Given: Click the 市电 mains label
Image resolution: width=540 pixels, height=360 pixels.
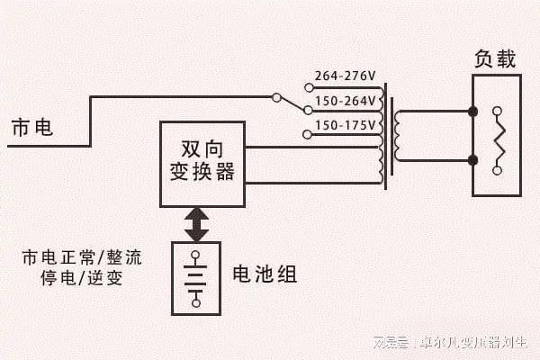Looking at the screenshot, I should pyautogui.click(x=31, y=129).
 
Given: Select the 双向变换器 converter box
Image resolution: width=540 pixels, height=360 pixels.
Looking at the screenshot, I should pyautogui.click(x=202, y=163).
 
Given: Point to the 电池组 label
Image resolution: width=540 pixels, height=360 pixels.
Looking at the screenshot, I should pyautogui.click(x=264, y=274).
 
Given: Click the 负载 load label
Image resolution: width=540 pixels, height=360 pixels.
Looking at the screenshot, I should pyautogui.click(x=495, y=59).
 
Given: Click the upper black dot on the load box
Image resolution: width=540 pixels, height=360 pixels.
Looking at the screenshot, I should pyautogui.click(x=472, y=112).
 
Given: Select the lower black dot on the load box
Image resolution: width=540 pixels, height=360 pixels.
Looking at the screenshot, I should pyautogui.click(x=472, y=161).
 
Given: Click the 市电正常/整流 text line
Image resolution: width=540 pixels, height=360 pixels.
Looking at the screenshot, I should pyautogui.click(x=82, y=257).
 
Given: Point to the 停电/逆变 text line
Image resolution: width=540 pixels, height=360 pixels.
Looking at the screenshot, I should pyautogui.click(x=82, y=278).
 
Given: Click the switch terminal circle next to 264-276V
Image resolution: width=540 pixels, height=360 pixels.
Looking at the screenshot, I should pyautogui.click(x=308, y=87).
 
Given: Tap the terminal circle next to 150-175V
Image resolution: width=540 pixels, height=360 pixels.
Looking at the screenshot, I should pyautogui.click(x=308, y=135).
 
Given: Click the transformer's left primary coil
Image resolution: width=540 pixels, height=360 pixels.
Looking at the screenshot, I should pyautogui.click(x=382, y=135).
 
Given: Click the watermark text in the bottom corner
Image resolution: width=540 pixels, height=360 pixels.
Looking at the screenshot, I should pyautogui.click(x=454, y=343).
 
